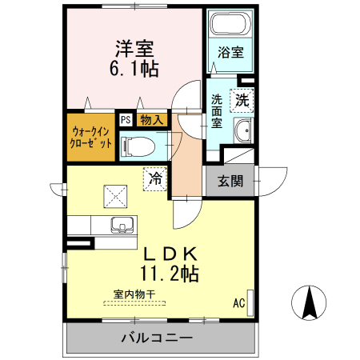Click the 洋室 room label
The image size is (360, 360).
click(x=134, y=48)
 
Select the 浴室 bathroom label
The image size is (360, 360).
click(x=232, y=53)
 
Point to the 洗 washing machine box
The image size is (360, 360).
click(x=242, y=102)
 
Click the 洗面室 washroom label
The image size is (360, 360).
click(x=218, y=113)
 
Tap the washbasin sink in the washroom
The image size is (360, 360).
click(x=243, y=130)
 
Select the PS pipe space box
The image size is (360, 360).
click(x=125, y=120)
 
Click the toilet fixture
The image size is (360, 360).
click(x=138, y=146)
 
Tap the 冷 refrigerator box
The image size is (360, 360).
click(x=156, y=178)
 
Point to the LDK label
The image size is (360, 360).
click(x=169, y=253)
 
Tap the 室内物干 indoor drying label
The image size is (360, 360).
click(x=134, y=294)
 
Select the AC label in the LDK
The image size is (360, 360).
click(x=238, y=303)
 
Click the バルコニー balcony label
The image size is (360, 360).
click(x=157, y=337)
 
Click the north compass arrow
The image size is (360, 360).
click(x=311, y=303)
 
